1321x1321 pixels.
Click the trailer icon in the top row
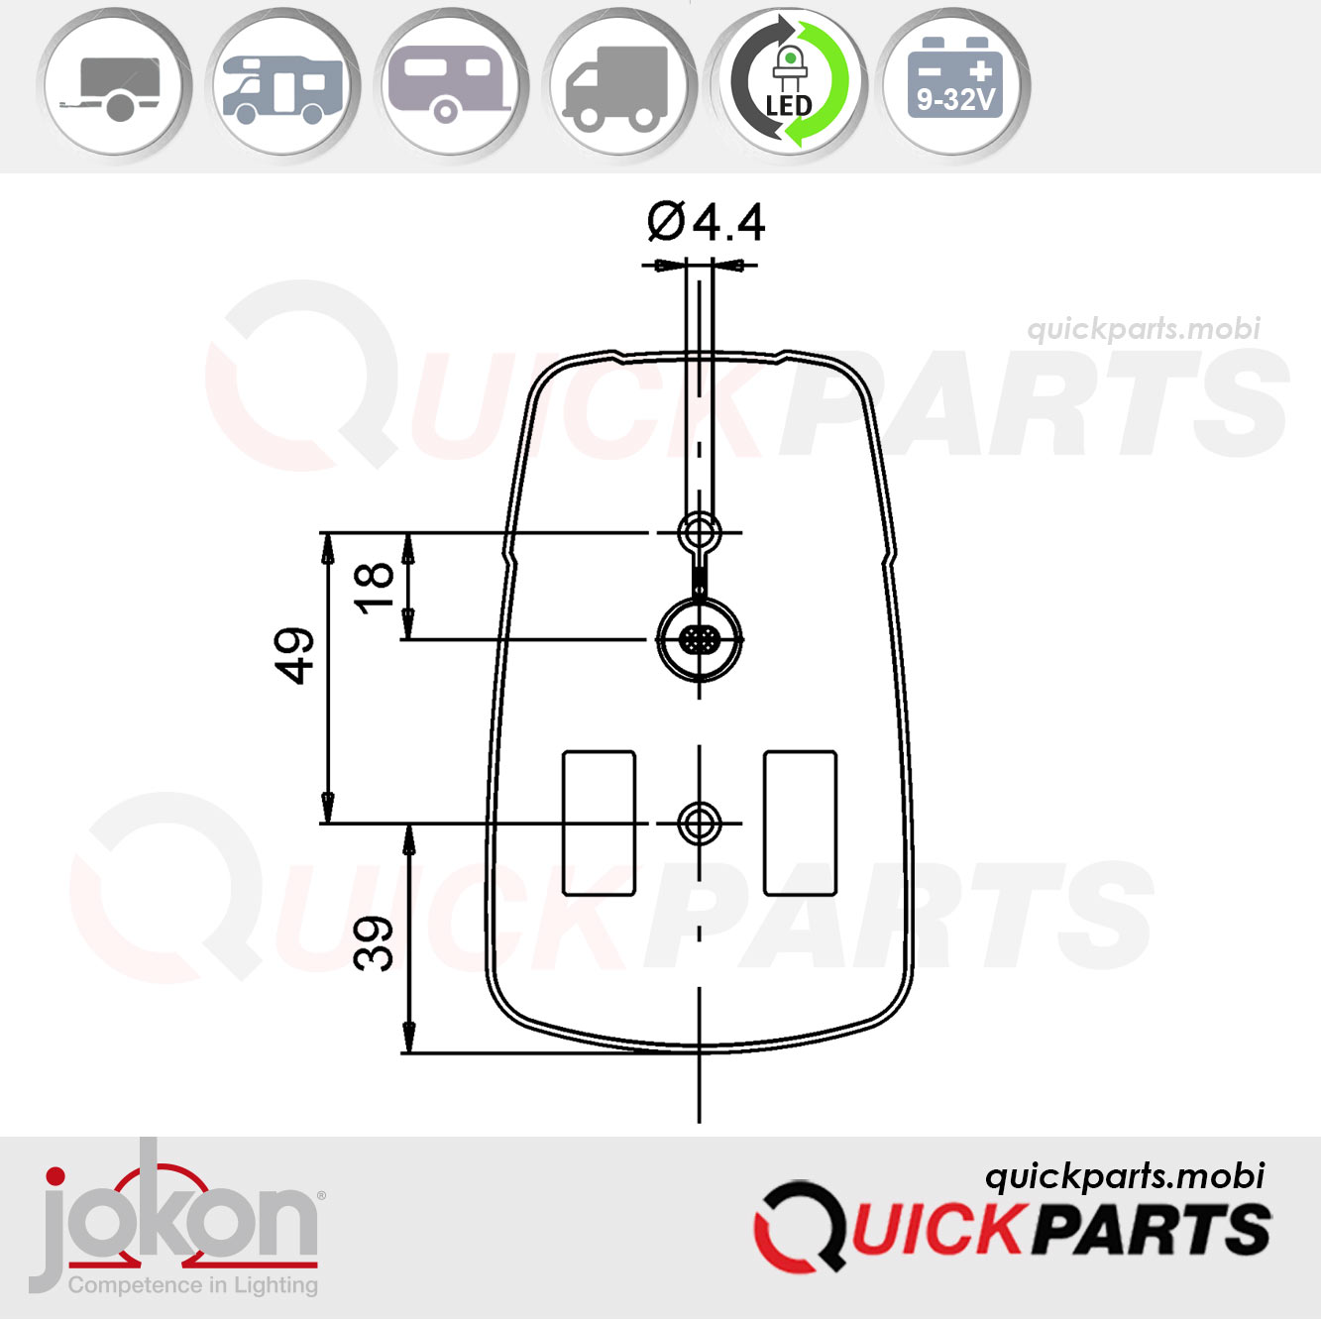pyautogui.click(x=114, y=86)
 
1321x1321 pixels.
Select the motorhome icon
pyautogui.click(x=282, y=86)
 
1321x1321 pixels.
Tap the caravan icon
pyautogui.click(x=451, y=86)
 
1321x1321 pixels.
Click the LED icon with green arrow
pyautogui.click(x=789, y=84)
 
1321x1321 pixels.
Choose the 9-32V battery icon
pyautogui.click(x=955, y=84)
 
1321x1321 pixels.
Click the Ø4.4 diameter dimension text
pyautogui.click(x=706, y=222)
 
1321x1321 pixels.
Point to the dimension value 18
pyautogui.click(x=375, y=587)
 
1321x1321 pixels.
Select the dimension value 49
pyautogui.click(x=294, y=656)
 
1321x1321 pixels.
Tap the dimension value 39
pyautogui.click(x=375, y=942)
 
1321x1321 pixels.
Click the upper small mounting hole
pyautogui.click(x=700, y=532)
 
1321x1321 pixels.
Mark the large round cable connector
pyautogui.click(x=700, y=639)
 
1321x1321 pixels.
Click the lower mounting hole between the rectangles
pyautogui.click(x=700, y=823)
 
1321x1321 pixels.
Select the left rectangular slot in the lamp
pyautogui.click(x=599, y=823)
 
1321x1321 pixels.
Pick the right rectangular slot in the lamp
pyautogui.click(x=800, y=823)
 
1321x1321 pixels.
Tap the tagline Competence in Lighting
pyautogui.click(x=193, y=1285)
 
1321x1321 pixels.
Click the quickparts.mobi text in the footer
pyautogui.click(x=1125, y=1176)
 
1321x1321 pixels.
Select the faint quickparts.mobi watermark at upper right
pyautogui.click(x=1144, y=329)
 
